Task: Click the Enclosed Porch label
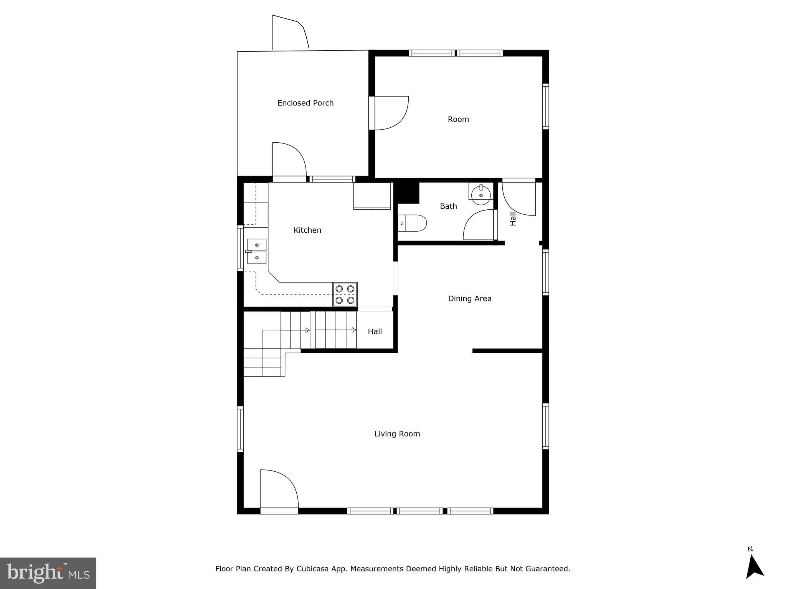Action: pyautogui.click(x=305, y=103)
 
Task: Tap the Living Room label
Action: pyautogui.click(x=397, y=434)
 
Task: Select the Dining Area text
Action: pyautogui.click(x=469, y=298)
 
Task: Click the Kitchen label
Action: pyautogui.click(x=307, y=230)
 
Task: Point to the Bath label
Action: pyautogui.click(x=448, y=206)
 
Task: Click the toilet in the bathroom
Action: pyautogui.click(x=413, y=223)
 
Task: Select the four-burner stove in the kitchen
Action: pyautogui.click(x=345, y=294)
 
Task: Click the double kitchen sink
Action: pyautogui.click(x=256, y=251)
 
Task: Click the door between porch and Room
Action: pyautogui.click(x=389, y=113)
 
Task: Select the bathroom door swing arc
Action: pyautogui.click(x=478, y=225)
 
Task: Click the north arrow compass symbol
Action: pyautogui.click(x=754, y=567)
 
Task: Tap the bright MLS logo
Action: pyautogui.click(x=48, y=573)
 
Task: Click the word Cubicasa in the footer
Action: pyautogui.click(x=312, y=569)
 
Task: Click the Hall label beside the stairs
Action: pyautogui.click(x=375, y=331)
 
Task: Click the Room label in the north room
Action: pyautogui.click(x=458, y=119)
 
